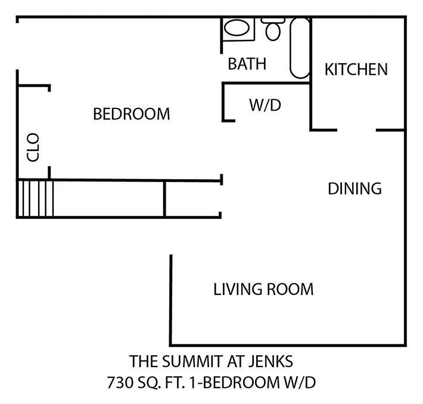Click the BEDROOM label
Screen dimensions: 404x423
[x=132, y=114]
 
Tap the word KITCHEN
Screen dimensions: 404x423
[x=356, y=70]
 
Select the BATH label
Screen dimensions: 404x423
[x=247, y=64]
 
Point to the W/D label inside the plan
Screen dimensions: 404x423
[x=265, y=105]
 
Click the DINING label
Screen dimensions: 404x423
[x=354, y=189]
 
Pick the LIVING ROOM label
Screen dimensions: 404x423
[x=263, y=290]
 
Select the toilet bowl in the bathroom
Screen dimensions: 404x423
[x=275, y=32]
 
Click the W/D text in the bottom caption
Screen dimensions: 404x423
[x=300, y=381]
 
